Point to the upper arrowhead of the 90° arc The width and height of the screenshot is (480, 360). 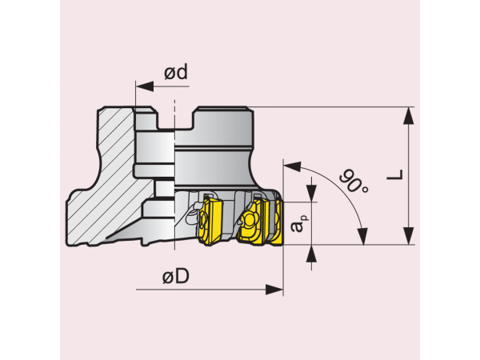[291, 166]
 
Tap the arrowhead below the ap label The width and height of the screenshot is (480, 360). [311, 253]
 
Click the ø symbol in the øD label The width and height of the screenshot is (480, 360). [167, 278]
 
